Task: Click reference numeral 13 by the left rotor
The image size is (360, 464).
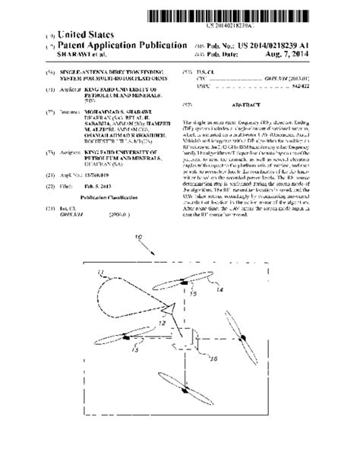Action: tap(134, 350)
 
